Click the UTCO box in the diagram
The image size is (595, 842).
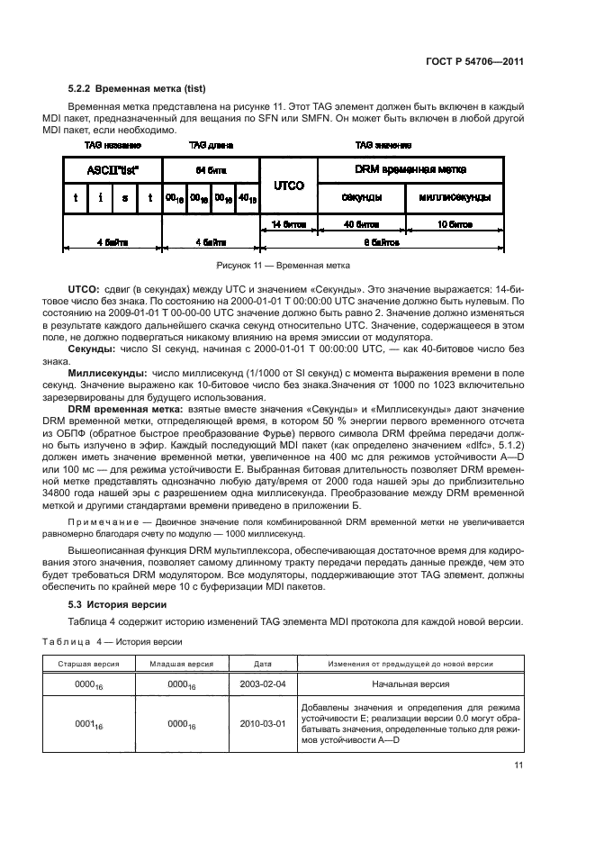(288, 184)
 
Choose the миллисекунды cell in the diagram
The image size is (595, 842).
(449, 197)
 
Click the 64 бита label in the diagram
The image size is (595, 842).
(210, 168)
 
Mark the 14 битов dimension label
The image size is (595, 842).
(288, 222)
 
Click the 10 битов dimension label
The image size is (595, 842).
(449, 222)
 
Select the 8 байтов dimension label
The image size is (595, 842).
(376, 242)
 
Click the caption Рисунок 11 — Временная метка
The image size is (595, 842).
(283, 266)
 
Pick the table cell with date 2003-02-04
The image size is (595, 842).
(262, 684)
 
